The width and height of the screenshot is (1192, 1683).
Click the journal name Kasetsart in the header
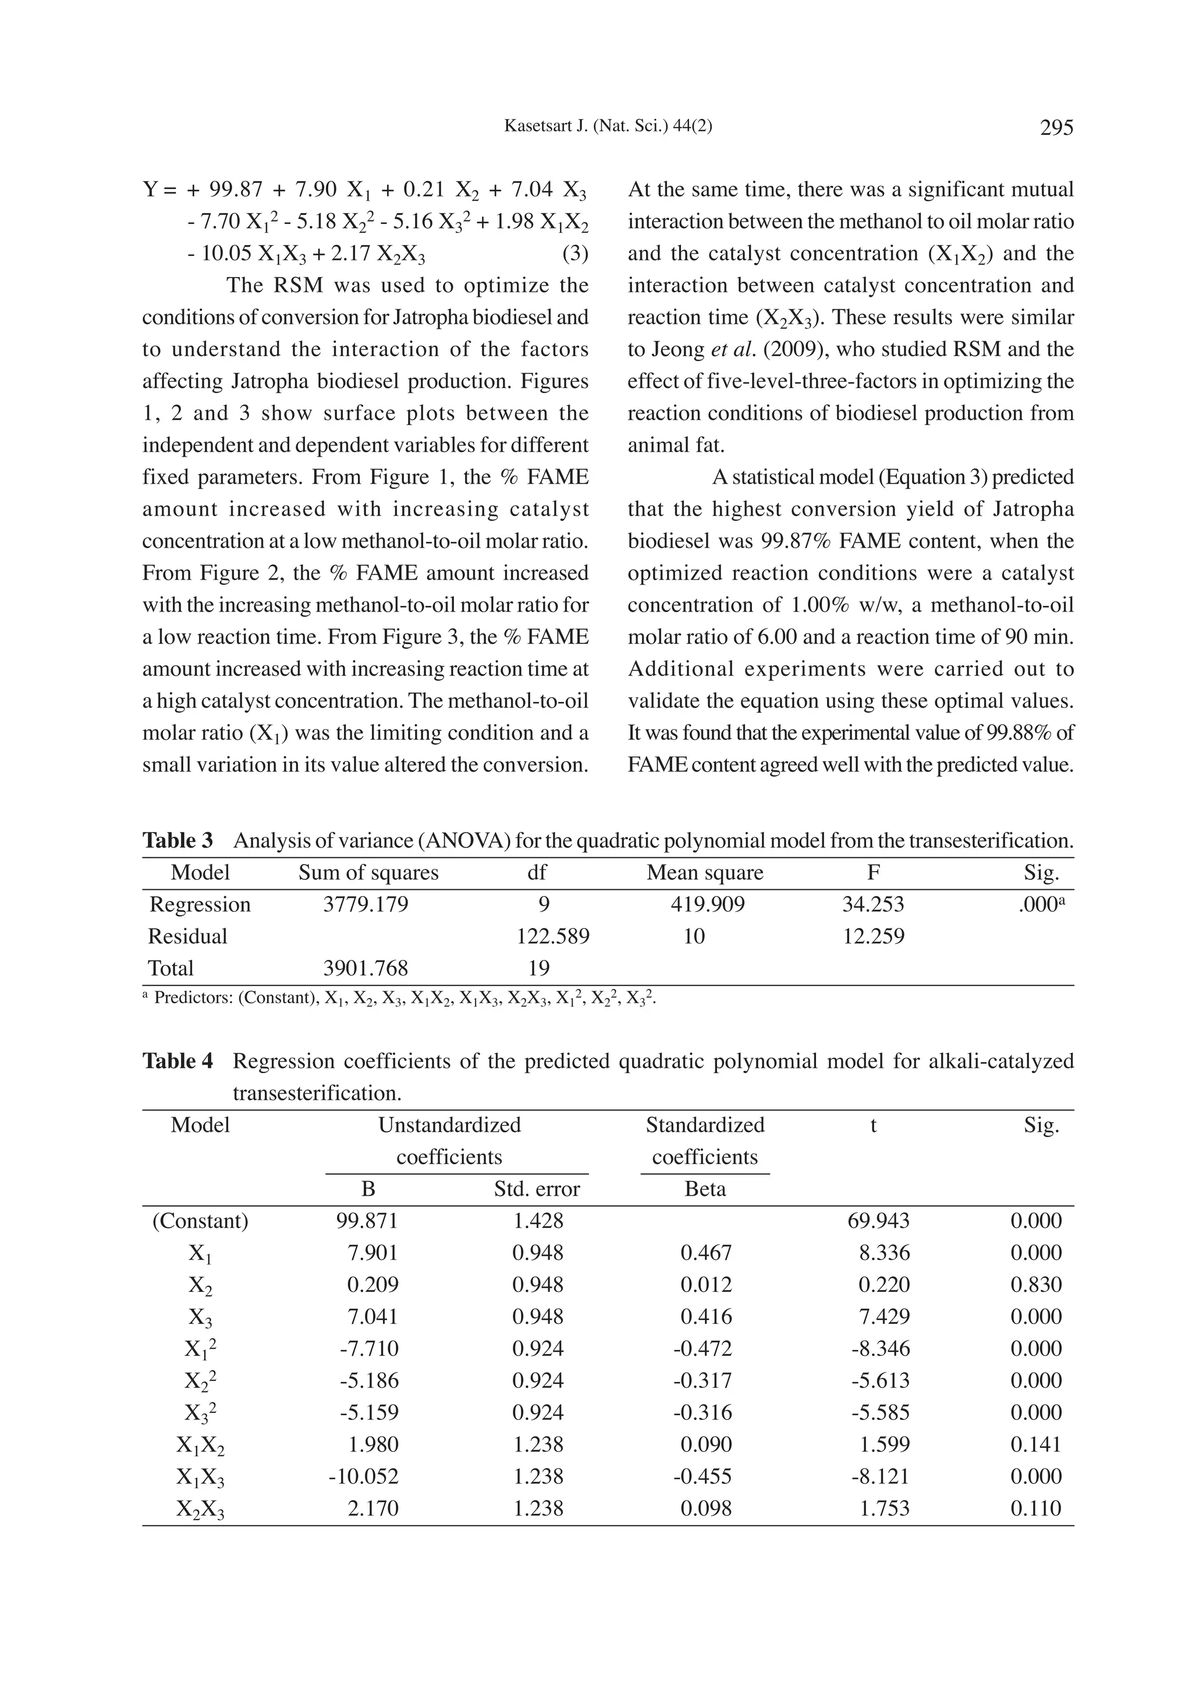(x=534, y=126)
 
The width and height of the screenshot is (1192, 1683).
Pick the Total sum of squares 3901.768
(x=366, y=968)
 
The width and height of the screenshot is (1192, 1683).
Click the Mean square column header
(x=705, y=873)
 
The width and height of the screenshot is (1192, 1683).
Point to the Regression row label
(x=200, y=904)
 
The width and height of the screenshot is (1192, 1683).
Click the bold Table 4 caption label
(x=178, y=1061)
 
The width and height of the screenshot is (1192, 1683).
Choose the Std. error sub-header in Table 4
(x=537, y=1189)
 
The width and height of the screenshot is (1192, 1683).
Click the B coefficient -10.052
(x=364, y=1476)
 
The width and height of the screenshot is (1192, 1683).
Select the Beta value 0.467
(x=706, y=1253)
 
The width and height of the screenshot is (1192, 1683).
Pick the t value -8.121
(x=880, y=1476)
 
